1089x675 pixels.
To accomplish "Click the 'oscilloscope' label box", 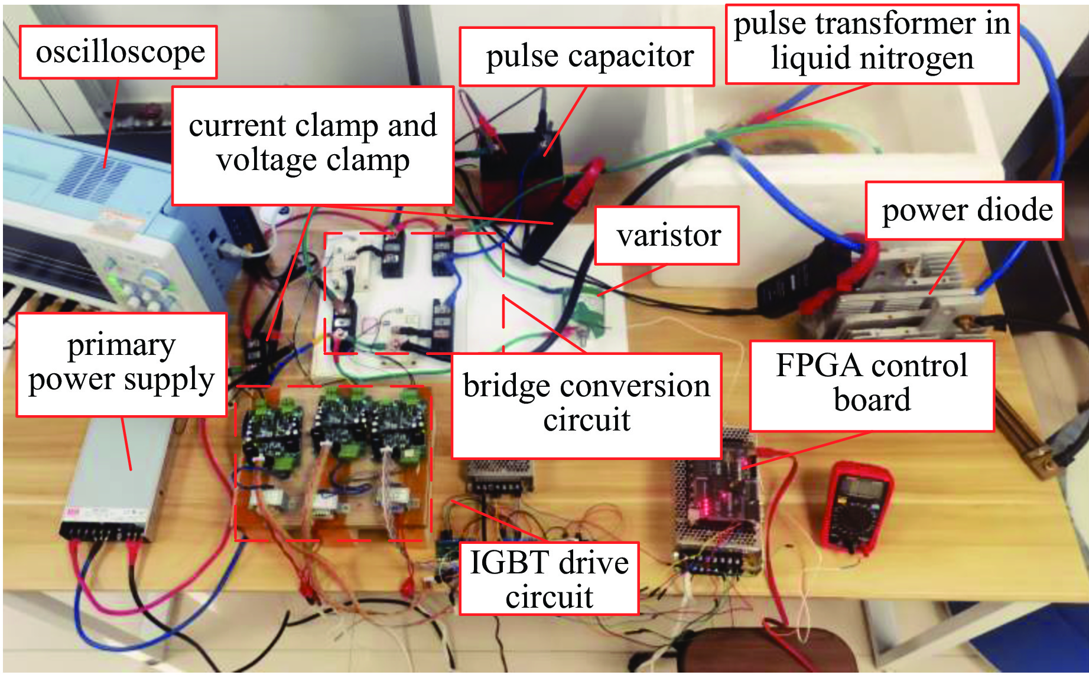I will [119, 52].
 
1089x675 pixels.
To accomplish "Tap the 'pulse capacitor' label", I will [587, 57].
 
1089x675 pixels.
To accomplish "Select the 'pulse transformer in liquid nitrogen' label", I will [872, 43].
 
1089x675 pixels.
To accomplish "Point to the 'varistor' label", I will [667, 235].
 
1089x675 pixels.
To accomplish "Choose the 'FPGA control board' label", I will [872, 383].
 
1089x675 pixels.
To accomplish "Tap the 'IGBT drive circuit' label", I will [549, 579].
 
